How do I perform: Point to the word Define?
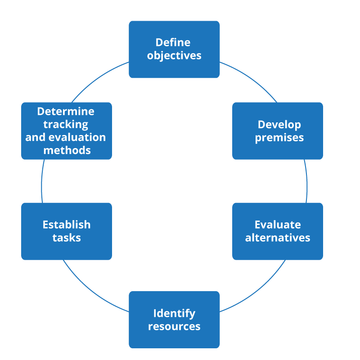[x=173, y=42]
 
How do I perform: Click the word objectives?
[x=174, y=56]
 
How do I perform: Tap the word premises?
[x=279, y=138]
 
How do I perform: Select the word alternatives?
[x=278, y=238]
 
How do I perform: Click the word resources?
[x=174, y=326]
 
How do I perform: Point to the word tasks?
[x=67, y=238]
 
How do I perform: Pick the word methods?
[x=67, y=150]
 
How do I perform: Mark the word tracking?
[x=66, y=124]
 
